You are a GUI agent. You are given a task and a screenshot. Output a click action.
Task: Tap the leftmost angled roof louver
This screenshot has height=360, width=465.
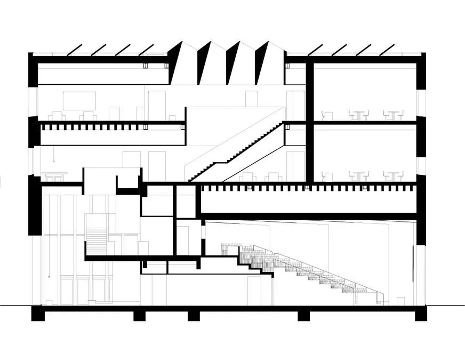(x=75, y=49)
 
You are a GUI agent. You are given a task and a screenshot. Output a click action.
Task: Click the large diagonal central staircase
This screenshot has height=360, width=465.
(x=237, y=151)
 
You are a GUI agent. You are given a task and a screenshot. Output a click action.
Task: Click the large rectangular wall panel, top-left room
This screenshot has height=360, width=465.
(x=79, y=100)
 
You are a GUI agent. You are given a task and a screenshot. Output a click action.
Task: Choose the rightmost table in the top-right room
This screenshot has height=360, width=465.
(x=394, y=114)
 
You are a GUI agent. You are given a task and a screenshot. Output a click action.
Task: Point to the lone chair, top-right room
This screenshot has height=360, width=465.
(x=327, y=116)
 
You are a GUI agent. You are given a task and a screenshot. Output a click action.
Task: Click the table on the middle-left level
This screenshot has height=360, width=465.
(x=55, y=175)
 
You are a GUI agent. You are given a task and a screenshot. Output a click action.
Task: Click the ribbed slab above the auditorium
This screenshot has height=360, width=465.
(x=307, y=188)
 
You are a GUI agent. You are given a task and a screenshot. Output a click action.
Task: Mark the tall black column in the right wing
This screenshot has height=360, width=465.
(x=309, y=123)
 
